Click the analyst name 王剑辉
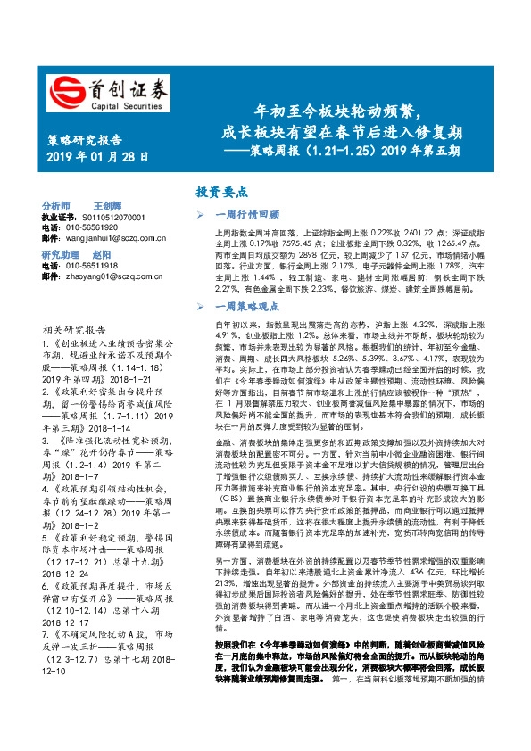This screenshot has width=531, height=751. pyautogui.click(x=109, y=205)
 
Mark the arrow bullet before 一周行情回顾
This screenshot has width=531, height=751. pyautogui.click(x=201, y=215)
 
